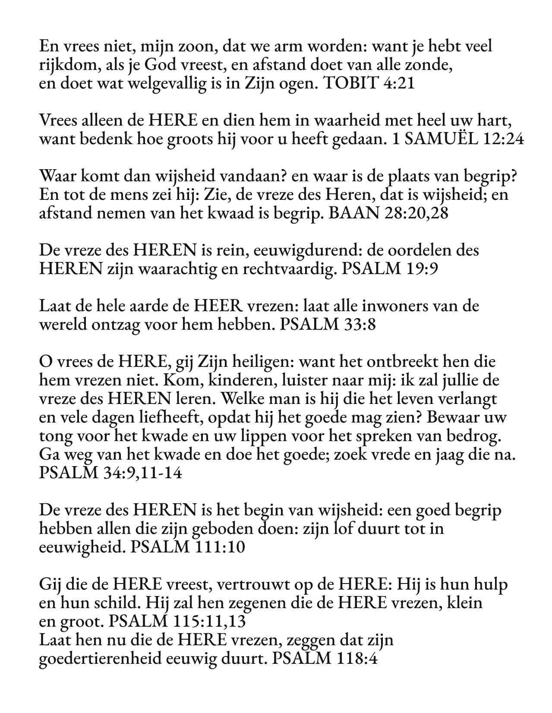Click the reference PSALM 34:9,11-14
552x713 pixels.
click(x=110, y=473)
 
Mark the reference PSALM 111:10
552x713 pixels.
click(x=187, y=547)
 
